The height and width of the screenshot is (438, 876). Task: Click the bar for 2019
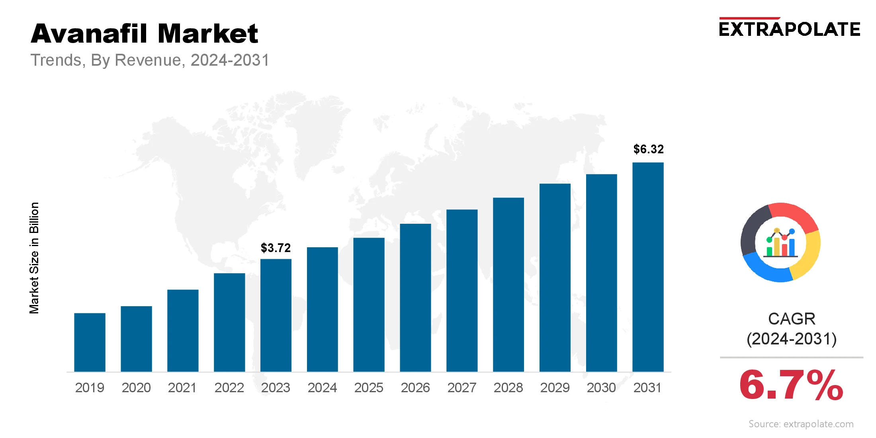pyautogui.click(x=90, y=342)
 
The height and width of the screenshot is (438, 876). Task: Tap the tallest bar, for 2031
pyautogui.click(x=648, y=267)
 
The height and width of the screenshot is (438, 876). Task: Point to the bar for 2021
pyautogui.click(x=183, y=330)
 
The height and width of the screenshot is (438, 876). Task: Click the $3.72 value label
pyautogui.click(x=276, y=248)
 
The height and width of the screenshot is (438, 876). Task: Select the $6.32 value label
pyautogui.click(x=649, y=149)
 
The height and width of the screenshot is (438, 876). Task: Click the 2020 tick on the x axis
pyautogui.click(x=136, y=387)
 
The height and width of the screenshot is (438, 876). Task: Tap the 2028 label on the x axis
pyautogui.click(x=508, y=387)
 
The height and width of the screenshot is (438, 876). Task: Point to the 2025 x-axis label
pyautogui.click(x=369, y=387)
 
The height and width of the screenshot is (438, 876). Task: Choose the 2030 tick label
pyautogui.click(x=601, y=387)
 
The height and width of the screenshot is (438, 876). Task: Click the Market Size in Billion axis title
pyautogui.click(x=34, y=258)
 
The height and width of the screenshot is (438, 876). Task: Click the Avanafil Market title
pyautogui.click(x=144, y=33)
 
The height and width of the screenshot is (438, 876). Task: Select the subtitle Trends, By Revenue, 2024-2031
pyautogui.click(x=150, y=60)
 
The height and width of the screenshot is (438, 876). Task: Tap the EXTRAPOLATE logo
pyautogui.click(x=789, y=29)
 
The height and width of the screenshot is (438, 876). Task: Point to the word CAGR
pyautogui.click(x=792, y=319)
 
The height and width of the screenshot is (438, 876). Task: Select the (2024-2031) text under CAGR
pyautogui.click(x=792, y=339)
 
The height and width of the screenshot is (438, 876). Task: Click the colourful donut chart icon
pyautogui.click(x=780, y=242)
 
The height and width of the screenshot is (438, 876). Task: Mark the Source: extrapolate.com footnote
pyautogui.click(x=801, y=424)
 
